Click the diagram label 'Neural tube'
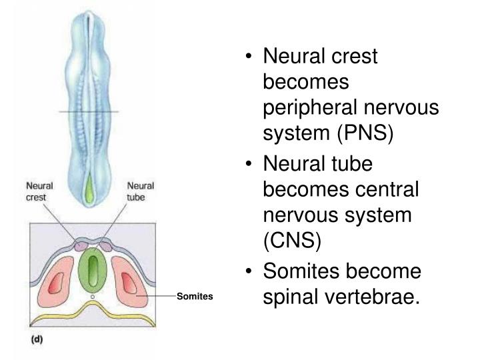[x=140, y=192]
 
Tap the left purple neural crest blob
[x=81, y=246]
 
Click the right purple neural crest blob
[x=104, y=246]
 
